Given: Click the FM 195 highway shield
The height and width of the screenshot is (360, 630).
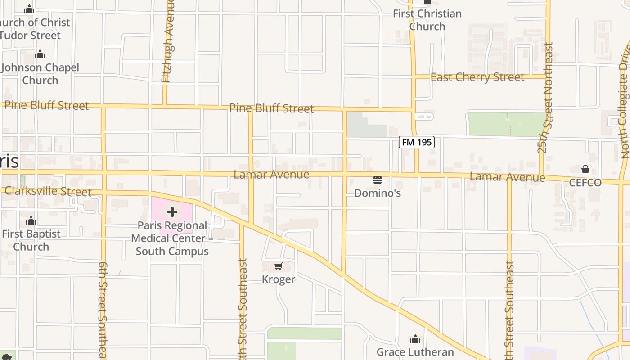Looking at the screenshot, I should (417, 142).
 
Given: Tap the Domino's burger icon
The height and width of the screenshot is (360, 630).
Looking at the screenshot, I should (378, 180).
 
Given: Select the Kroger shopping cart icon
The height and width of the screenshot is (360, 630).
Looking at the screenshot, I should (279, 266).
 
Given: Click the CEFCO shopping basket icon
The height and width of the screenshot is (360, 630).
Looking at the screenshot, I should (585, 169).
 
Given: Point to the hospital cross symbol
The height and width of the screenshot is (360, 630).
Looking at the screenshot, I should (172, 212).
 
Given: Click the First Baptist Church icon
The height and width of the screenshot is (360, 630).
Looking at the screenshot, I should (31, 221).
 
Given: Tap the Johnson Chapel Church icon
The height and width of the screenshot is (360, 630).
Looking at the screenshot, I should (40, 54).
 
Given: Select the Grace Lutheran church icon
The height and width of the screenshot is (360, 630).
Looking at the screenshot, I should (415, 338).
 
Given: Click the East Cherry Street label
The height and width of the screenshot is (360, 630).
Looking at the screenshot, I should (477, 77).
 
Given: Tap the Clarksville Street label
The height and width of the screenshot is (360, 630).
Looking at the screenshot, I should (48, 191).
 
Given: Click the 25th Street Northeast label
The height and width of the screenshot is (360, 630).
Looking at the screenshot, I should (548, 98).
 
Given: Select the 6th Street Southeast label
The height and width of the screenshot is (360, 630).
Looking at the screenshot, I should (103, 310).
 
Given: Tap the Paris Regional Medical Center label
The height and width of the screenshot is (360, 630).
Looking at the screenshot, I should (172, 238).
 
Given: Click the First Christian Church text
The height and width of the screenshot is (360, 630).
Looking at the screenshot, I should (427, 20).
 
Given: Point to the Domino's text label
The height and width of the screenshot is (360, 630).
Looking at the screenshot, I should (378, 193).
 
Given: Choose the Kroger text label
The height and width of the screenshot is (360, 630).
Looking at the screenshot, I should (279, 279).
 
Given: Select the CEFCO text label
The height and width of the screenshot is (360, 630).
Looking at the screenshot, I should (585, 183).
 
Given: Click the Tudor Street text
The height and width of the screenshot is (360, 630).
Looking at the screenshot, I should (30, 35).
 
